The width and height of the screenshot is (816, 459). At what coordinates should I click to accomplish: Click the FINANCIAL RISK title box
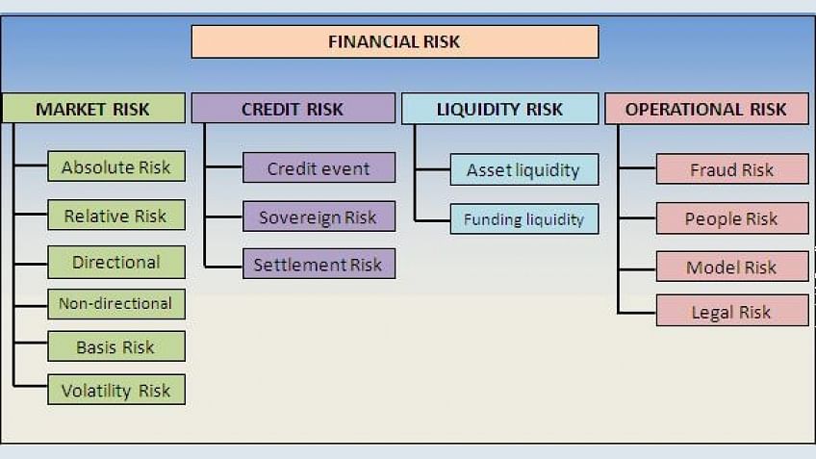[395, 41]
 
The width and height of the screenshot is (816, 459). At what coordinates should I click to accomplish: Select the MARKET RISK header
[93, 108]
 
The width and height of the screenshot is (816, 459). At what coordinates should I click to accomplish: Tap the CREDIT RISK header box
[293, 108]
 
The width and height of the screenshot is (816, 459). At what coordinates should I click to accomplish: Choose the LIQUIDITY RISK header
[500, 109]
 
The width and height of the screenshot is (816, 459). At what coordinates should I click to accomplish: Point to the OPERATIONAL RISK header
[706, 109]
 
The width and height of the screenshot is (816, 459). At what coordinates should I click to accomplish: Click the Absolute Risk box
[116, 166]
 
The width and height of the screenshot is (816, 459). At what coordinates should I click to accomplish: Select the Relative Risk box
[116, 215]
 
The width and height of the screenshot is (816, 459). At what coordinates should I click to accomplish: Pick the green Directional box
[116, 262]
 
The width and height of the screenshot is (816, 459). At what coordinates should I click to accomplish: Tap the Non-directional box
[116, 304]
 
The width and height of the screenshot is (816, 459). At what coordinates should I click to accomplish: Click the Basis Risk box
[116, 346]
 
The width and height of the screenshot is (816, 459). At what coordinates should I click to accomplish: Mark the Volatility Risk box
[116, 390]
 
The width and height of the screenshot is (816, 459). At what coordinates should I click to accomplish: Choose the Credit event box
[319, 167]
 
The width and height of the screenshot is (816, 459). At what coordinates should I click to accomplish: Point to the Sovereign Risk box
[319, 216]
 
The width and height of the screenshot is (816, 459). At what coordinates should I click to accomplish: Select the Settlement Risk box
[319, 264]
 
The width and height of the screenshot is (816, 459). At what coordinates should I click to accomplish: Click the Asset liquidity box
[524, 169]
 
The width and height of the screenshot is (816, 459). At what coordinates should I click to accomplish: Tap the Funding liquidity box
[524, 219]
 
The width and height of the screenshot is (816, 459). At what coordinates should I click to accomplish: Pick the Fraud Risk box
[732, 168]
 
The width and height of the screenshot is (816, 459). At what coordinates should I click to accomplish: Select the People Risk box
[732, 218]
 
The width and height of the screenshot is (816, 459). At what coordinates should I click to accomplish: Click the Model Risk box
[732, 267]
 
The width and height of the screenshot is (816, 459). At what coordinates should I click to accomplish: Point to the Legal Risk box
[732, 311]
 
